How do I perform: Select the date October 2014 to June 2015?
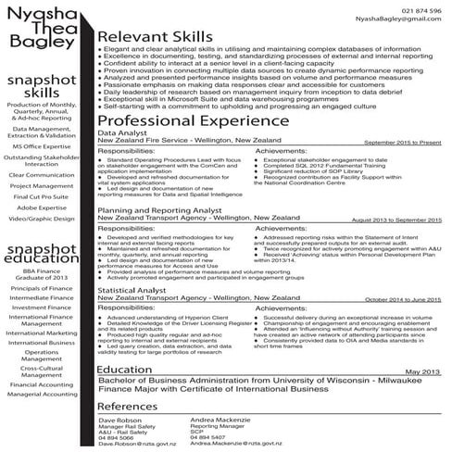point(402,300)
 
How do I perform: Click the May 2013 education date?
point(424,371)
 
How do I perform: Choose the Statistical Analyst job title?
point(133,291)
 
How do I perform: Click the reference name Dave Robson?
point(119,421)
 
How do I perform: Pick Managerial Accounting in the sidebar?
point(43,395)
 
